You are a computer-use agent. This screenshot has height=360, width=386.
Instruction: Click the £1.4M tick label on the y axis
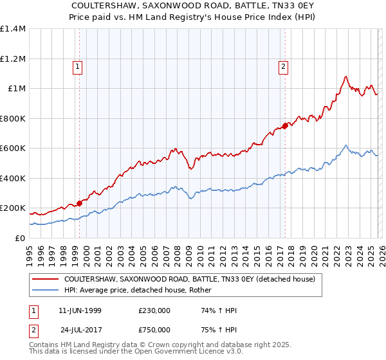13,29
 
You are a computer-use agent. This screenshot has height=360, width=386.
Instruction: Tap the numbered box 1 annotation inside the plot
77,65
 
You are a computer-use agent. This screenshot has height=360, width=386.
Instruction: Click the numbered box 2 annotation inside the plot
283,65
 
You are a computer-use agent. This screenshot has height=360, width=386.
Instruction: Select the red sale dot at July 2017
285,126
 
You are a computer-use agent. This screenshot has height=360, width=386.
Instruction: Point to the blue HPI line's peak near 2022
346,145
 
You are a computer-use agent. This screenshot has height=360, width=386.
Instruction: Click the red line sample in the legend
45,280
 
